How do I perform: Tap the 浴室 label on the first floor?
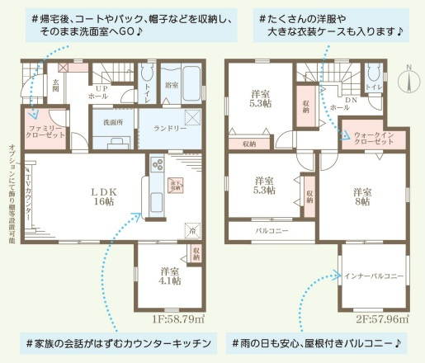[172, 85]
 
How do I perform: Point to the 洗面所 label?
[114, 121]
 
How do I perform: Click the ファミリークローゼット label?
[45, 134]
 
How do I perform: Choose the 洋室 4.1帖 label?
[171, 276]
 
